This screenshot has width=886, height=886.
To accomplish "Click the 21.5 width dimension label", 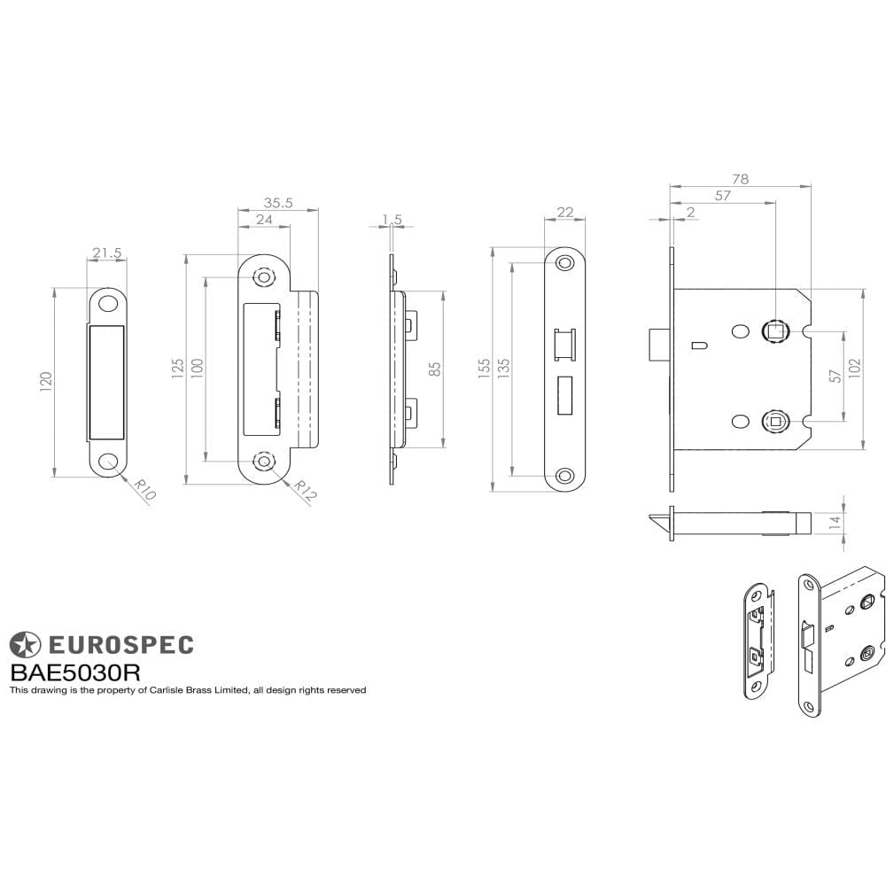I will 106,253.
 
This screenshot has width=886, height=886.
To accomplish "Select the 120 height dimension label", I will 47,381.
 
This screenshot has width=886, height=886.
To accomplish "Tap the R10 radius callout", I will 144,489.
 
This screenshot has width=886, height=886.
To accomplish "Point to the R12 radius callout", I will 303,491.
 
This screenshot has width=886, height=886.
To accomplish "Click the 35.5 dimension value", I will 277,203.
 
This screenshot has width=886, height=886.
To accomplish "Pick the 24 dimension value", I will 264,219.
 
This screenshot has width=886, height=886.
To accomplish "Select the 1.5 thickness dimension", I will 392,219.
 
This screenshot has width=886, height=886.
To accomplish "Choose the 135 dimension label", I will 505,368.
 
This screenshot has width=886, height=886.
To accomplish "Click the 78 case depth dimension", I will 740,179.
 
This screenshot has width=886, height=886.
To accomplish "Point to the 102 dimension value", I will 855,369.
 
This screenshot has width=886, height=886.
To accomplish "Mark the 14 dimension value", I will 835,522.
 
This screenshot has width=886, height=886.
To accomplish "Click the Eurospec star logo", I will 25,645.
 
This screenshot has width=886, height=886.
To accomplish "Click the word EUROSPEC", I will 120,645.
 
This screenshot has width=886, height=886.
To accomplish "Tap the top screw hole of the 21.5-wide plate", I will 107,303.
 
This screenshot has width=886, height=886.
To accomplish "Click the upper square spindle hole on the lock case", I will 774,330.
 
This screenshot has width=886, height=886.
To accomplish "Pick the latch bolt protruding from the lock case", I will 657,345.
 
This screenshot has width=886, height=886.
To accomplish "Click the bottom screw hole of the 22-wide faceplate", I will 563,474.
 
